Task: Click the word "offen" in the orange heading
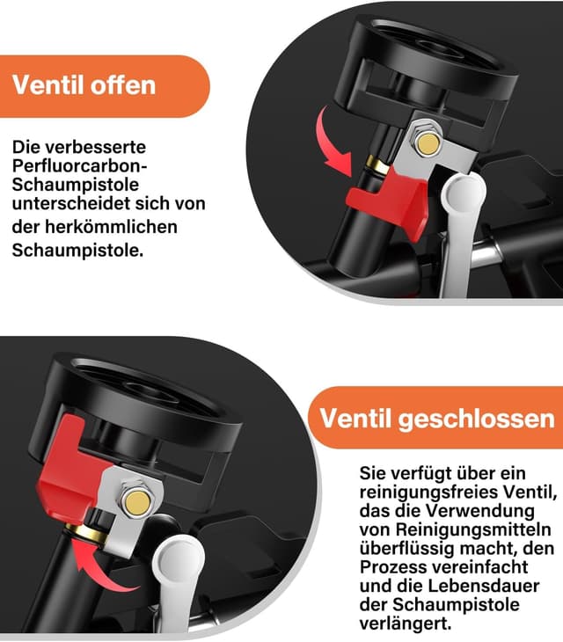[x=119, y=85]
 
